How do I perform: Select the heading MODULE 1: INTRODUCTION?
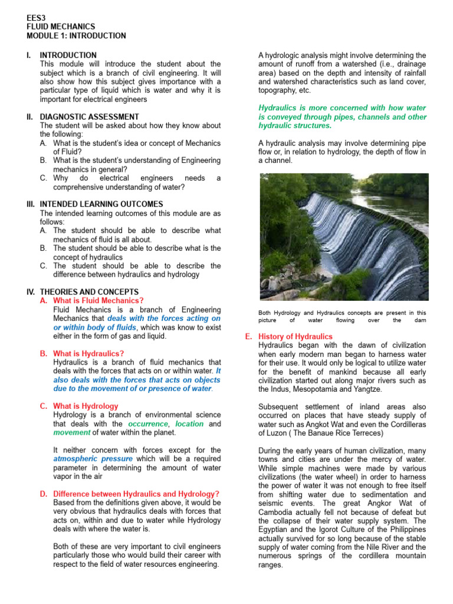(x=76, y=36)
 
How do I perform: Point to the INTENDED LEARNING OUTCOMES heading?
(x=101, y=204)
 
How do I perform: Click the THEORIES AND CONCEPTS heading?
(x=88, y=292)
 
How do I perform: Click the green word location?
(x=189, y=424)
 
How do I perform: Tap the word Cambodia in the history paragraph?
(x=278, y=512)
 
